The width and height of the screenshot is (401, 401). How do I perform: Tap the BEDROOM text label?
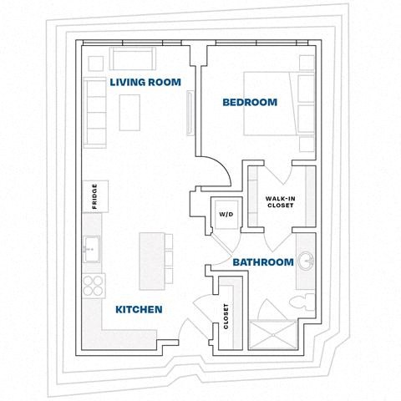click(x=249, y=103)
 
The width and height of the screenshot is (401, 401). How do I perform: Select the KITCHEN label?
click(x=139, y=309)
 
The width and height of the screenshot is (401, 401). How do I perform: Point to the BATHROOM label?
click(x=262, y=262)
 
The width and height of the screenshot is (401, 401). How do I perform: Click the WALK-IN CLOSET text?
click(x=280, y=201)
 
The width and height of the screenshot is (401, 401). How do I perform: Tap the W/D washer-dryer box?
click(x=226, y=214)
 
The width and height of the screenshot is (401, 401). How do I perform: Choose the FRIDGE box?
click(x=94, y=196)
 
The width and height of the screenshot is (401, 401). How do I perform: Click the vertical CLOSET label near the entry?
click(x=226, y=315)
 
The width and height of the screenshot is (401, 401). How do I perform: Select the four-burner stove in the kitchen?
click(x=94, y=286)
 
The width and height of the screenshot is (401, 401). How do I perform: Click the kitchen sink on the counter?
click(x=93, y=247)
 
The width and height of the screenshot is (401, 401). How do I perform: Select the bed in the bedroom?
click(x=272, y=103)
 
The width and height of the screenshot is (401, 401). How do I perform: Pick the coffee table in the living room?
click(x=130, y=113)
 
